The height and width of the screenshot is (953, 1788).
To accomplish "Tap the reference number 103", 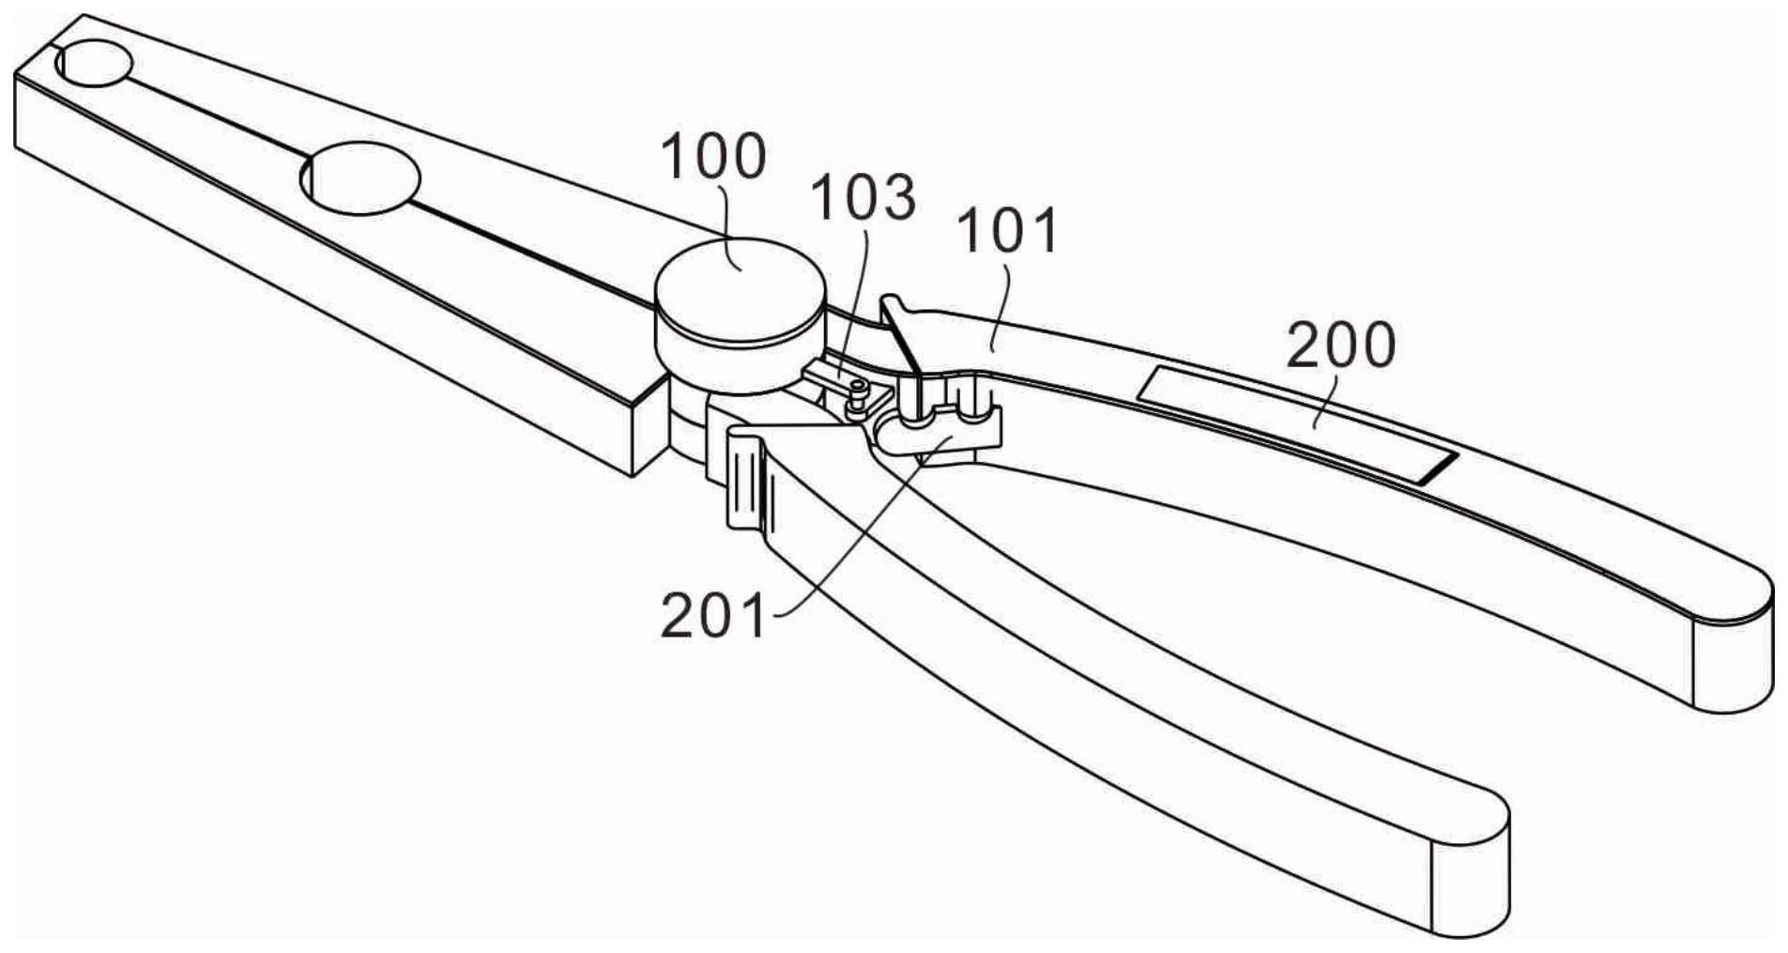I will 863,197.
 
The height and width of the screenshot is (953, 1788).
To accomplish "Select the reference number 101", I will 1008,231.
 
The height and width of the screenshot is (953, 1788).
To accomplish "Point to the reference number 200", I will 1340,346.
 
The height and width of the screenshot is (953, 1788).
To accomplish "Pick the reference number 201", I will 713,617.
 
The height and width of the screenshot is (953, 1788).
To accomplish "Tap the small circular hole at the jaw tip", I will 93,64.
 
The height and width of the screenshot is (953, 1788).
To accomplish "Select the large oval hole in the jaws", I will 360,177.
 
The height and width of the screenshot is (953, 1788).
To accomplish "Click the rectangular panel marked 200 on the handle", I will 1295,423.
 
